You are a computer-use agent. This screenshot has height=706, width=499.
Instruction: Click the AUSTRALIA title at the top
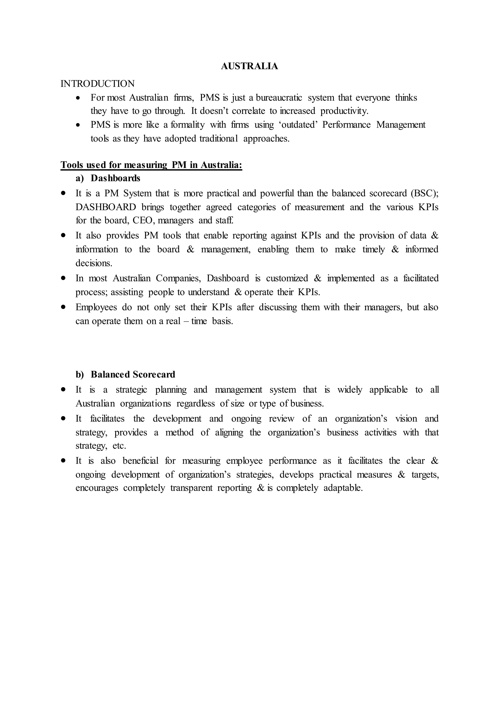tap(249, 66)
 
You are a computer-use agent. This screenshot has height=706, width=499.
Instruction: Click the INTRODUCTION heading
tap(97, 84)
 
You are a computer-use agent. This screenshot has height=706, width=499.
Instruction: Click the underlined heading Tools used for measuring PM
tap(151, 165)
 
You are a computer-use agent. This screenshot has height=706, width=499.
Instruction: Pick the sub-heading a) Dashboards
tap(108, 178)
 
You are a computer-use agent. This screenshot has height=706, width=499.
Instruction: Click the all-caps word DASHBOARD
tap(106, 207)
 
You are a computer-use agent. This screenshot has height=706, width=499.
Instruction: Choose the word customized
tap(287, 278)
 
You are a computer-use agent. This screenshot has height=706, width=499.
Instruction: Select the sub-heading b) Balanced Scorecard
tap(125, 374)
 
